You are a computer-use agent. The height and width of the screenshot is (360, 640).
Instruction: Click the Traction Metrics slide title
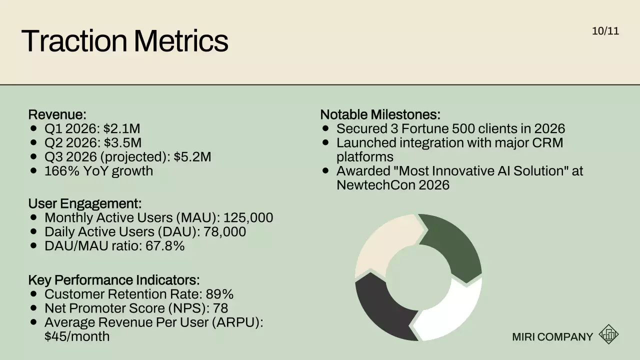pos(124,41)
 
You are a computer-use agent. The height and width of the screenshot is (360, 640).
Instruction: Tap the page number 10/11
pos(605,31)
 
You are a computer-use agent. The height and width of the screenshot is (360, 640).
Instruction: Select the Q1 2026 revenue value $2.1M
pos(122,129)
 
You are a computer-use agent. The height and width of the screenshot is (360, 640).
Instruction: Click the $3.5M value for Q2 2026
pos(122,143)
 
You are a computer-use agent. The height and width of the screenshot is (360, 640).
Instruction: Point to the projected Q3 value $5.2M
pos(192,157)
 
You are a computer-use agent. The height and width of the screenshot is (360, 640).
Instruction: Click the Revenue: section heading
pos(57,114)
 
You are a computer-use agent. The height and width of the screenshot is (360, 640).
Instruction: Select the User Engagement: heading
pos(84,203)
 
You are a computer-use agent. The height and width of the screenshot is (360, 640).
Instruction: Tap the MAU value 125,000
pos(248,218)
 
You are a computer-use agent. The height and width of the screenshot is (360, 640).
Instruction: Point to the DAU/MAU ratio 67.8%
pos(165,246)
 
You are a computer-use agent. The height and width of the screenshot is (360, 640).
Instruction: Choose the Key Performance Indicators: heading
pos(113,280)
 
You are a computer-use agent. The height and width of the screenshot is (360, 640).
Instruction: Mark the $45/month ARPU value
pos(76,336)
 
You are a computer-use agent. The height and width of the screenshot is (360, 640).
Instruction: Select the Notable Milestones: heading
pos(380,114)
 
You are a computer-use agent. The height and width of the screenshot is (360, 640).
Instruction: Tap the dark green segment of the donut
pos(452,245)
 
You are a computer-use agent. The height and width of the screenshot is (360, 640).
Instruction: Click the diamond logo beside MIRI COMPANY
pos(608,334)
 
